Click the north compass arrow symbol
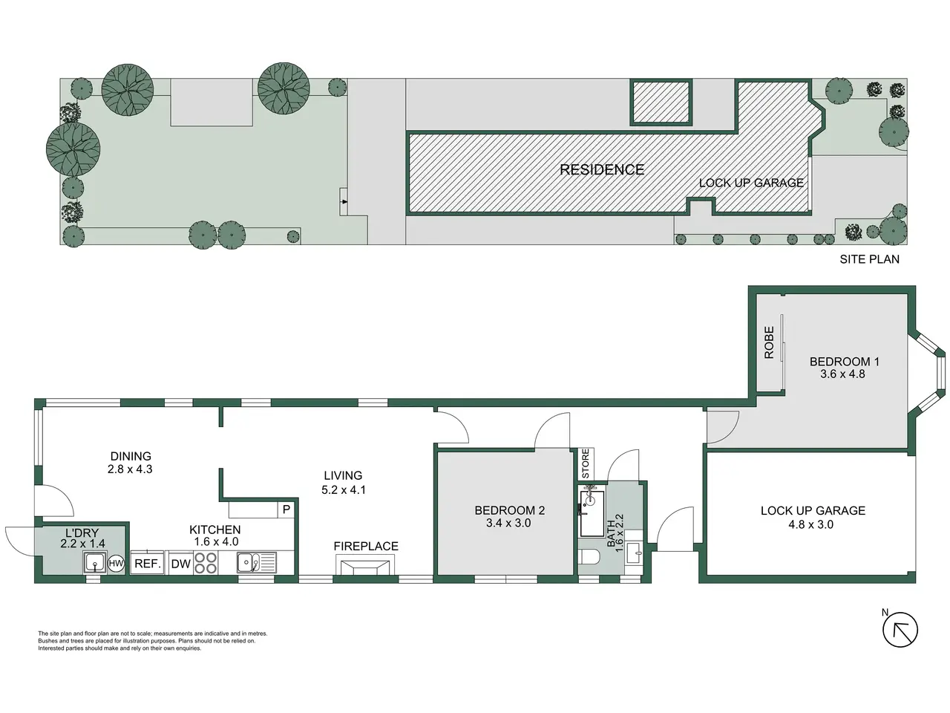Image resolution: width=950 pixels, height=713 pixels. [900, 630]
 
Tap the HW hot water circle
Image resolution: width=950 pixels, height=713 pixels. [116, 563]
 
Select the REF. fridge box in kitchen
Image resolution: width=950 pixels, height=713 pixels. [148, 563]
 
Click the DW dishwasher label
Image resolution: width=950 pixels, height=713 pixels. [181, 564]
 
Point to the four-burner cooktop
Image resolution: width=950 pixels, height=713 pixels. [206, 563]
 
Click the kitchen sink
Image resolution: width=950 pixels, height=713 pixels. [256, 563]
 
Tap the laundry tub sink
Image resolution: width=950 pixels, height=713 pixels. [95, 563]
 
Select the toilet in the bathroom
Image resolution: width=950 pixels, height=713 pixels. [589, 557]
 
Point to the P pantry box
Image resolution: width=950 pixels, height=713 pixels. [286, 509]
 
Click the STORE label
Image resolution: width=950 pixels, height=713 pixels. [586, 463]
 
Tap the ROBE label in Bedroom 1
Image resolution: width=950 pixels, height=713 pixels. [769, 342]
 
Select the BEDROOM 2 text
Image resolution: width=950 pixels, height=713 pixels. [509, 510]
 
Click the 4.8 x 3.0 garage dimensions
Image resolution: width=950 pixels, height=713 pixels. [810, 524]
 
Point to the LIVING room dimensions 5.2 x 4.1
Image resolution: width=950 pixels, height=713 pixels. [343, 489]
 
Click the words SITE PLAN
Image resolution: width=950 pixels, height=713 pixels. [870, 259]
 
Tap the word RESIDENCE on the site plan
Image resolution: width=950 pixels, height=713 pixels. [602, 169]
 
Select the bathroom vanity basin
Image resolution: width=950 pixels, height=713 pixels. [633, 553]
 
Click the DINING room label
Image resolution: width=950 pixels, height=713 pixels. [131, 456]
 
